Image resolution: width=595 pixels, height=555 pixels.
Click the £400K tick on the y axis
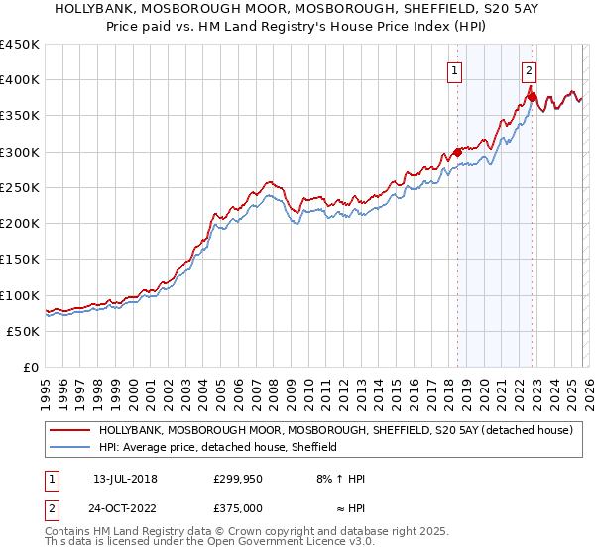click(x=20, y=80)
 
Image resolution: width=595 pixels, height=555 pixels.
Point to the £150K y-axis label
click(x=20, y=260)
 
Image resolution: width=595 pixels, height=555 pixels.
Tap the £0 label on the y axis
click(x=31, y=368)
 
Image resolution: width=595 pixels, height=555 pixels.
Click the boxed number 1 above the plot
click(x=454, y=70)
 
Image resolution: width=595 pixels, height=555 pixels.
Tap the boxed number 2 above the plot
click(x=530, y=70)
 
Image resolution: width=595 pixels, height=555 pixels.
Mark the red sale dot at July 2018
click(x=457, y=152)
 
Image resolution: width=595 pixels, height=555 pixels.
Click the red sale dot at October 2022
click(x=533, y=97)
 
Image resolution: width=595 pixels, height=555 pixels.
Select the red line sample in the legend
click(x=69, y=431)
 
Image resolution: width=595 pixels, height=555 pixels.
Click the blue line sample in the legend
click(x=69, y=448)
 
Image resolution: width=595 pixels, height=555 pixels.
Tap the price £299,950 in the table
click(x=238, y=479)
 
